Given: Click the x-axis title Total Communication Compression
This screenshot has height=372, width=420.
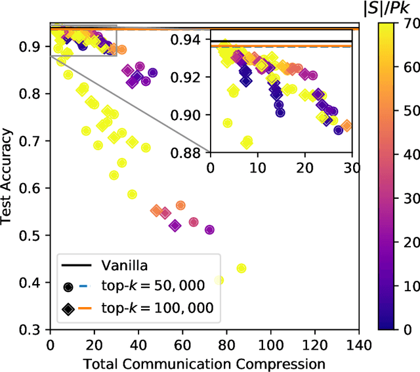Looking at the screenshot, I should (x=204, y=363).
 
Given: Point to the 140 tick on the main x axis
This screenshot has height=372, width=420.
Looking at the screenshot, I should (x=358, y=343).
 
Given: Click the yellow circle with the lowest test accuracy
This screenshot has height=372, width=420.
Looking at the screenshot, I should (x=241, y=268).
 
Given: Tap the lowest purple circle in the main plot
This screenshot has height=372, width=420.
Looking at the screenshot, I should (x=209, y=230).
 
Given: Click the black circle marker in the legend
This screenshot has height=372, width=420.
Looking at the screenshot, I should (x=68, y=287).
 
